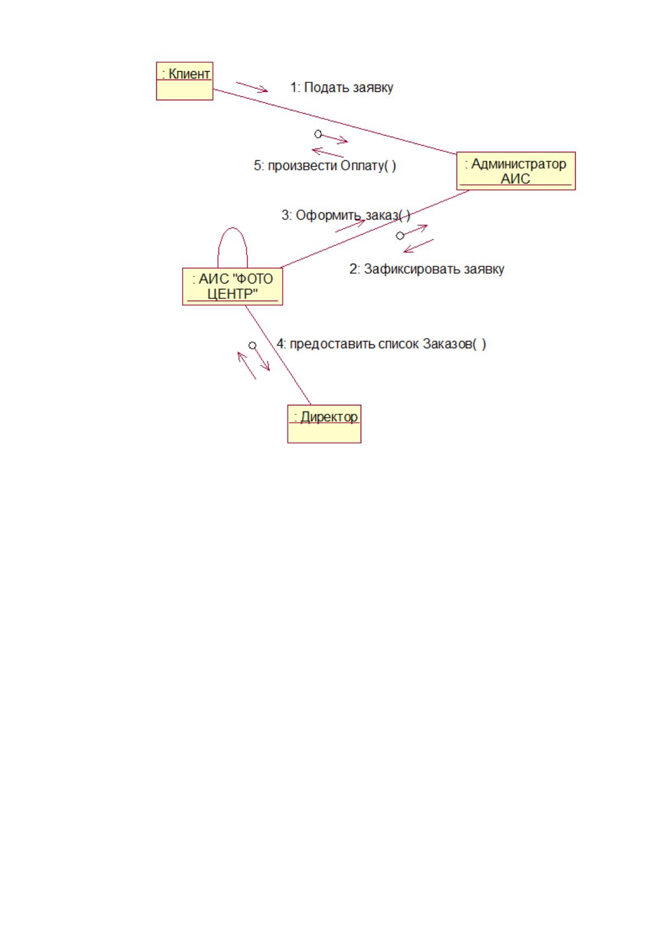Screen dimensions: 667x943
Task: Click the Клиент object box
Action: pos(184,81)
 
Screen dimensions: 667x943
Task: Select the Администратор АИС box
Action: pos(515,171)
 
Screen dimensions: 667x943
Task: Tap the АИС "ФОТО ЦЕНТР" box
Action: pos(232,286)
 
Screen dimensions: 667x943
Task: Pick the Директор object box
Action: pos(324,423)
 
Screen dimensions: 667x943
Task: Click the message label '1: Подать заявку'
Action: pos(342,87)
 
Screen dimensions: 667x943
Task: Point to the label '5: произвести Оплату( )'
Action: pos(325,165)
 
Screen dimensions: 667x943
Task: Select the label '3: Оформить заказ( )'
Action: pos(346,215)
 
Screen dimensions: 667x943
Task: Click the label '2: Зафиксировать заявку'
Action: pos(427,269)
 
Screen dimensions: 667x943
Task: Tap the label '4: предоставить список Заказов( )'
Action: pos(381,344)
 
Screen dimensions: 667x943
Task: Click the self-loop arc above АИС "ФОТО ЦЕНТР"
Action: pos(232,228)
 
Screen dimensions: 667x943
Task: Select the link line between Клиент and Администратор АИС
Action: pos(335,122)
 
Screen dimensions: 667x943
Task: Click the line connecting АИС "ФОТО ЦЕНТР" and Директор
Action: pos(278,355)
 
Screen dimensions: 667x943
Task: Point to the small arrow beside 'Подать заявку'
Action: pos(252,87)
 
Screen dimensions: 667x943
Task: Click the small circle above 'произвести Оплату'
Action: pos(318,134)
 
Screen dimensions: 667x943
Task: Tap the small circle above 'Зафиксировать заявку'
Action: pos(400,236)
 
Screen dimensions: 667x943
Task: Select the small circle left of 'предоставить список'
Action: pos(252,346)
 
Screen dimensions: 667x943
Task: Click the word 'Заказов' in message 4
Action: pos(447,344)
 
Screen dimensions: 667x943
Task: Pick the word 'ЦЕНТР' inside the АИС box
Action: pos(232,294)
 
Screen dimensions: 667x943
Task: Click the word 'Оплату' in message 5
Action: pos(361,165)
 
